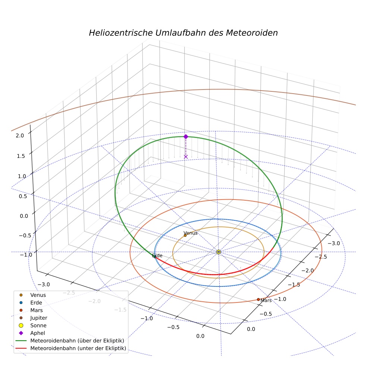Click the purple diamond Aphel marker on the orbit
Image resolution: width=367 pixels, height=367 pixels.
click(x=186, y=137)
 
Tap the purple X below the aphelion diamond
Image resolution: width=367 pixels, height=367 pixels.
click(x=186, y=157)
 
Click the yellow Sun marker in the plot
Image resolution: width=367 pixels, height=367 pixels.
click(x=219, y=252)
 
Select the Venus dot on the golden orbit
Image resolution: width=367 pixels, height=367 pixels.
click(x=185, y=235)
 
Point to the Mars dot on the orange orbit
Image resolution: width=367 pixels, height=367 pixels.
click(x=258, y=299)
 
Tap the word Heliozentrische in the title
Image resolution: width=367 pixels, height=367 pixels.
click(x=121, y=33)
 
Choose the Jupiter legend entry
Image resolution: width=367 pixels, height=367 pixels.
click(x=34, y=318)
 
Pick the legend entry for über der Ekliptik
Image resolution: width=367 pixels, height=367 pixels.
click(x=70, y=341)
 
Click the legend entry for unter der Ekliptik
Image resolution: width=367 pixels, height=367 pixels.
click(x=71, y=348)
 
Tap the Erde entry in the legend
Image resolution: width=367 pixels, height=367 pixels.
click(x=31, y=302)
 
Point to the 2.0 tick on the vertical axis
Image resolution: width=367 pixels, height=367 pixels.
click(x=20, y=135)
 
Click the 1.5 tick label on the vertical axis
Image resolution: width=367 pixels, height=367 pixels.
click(x=21, y=156)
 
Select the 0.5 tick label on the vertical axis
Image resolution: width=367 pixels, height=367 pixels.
click(x=23, y=196)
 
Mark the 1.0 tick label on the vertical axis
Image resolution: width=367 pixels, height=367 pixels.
click(x=22, y=176)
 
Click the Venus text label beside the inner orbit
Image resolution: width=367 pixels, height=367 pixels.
click(x=191, y=233)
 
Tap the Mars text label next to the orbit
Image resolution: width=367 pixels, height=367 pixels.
click(x=266, y=301)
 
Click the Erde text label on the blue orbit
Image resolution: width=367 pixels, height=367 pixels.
click(x=157, y=255)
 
